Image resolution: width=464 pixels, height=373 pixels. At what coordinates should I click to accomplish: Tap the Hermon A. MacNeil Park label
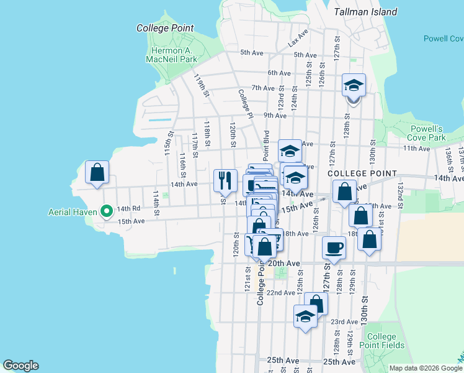click(x=171, y=55)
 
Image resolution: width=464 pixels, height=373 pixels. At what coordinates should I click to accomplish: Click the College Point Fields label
click(x=385, y=341)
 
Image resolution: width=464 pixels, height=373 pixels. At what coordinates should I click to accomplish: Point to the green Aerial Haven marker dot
click(x=107, y=212)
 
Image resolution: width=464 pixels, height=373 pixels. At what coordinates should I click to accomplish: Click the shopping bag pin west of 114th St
click(x=97, y=173)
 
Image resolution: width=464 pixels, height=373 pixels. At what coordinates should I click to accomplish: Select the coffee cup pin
click(x=334, y=248)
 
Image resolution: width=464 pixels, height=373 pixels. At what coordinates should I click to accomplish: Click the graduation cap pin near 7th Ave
click(x=354, y=86)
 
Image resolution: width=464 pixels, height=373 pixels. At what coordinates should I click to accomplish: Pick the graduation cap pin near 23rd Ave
click(x=305, y=316)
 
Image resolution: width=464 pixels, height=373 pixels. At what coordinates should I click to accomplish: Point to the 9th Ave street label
click(x=275, y=115)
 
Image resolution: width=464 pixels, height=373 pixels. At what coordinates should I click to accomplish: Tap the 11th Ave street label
click(x=416, y=149)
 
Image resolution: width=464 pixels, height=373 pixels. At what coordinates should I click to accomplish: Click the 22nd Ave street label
click(x=280, y=292)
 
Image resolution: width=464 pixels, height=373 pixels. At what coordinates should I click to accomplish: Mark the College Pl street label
click(x=246, y=103)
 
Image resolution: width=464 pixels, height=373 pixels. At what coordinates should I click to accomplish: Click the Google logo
click(x=20, y=366)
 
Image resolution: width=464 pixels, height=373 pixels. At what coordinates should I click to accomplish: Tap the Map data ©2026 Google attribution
click(x=425, y=368)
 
